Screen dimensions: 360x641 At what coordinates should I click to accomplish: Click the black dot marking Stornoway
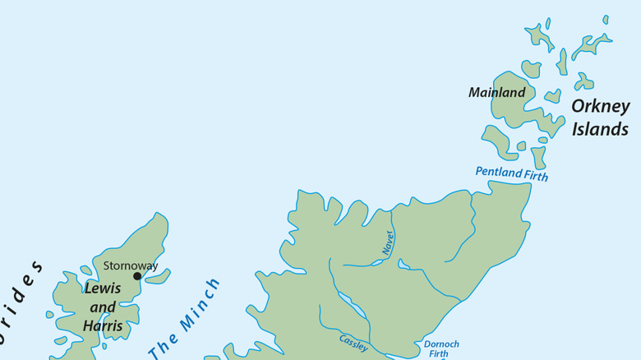[x=137, y=276]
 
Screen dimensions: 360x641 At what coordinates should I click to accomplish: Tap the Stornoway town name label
[x=130, y=265]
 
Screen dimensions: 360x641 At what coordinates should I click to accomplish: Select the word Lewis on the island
[x=103, y=289]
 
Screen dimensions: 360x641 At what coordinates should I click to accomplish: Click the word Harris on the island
[x=103, y=326]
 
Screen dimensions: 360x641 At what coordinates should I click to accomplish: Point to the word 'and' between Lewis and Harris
[x=103, y=307]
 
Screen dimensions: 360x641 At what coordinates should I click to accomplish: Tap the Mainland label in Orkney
[x=496, y=93]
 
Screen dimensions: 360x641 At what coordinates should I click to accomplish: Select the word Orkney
[x=600, y=107]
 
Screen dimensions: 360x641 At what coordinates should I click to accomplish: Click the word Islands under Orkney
[x=600, y=129]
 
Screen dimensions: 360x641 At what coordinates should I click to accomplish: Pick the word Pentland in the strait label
[x=498, y=173]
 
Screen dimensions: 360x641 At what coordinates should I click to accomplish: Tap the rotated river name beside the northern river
[x=388, y=242]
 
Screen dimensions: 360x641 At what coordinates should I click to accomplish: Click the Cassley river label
[x=353, y=344]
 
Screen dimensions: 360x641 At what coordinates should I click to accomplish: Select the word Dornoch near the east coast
[x=441, y=344]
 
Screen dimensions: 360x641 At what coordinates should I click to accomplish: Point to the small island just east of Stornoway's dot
[x=156, y=277]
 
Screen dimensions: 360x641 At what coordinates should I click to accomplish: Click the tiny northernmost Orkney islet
[x=606, y=19]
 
